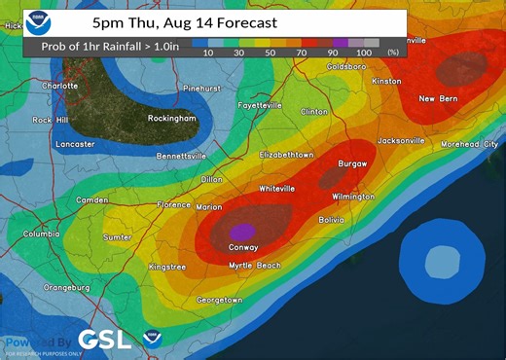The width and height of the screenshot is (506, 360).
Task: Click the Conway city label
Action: click(x=243, y=247)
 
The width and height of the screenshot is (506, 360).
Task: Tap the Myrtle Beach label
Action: click(x=254, y=266)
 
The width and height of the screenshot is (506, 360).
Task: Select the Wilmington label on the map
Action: click(x=353, y=197)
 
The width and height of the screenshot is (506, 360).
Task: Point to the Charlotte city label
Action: click(x=59, y=86)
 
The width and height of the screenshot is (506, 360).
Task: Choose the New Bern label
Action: click(x=439, y=98)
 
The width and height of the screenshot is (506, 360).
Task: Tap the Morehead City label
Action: click(x=469, y=143)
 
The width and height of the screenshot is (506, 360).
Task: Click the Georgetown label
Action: click(x=219, y=300)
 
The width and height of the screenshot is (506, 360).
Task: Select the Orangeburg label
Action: click(x=66, y=287)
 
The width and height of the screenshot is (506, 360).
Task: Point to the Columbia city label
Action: click(x=41, y=234)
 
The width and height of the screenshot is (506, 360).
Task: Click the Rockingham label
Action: click(x=171, y=118)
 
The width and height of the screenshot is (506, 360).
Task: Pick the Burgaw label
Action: click(x=351, y=163)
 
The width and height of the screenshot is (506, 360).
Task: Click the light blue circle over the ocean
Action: click(x=442, y=261)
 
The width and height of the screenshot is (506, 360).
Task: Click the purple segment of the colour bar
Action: click(x=341, y=43)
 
